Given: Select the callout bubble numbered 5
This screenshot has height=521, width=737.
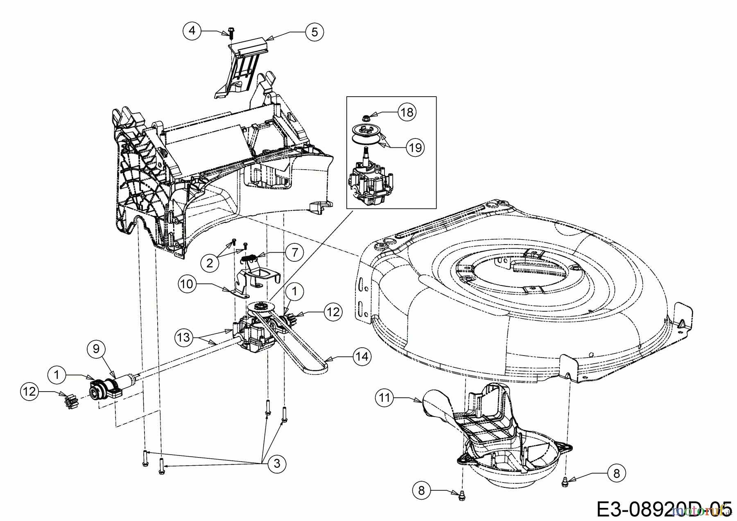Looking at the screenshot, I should pos(314,32).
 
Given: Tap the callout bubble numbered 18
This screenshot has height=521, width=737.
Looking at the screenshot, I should pos(407,112).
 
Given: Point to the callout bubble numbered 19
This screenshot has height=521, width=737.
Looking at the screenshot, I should pos(416,147).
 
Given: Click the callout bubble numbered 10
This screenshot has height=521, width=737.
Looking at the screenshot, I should pos(187,284).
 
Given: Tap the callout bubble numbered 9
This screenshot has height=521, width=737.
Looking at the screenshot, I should pos(96,349).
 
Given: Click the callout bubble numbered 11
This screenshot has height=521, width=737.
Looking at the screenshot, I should pos(385,397).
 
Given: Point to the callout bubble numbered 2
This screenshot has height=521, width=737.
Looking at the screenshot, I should pos(210,263).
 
